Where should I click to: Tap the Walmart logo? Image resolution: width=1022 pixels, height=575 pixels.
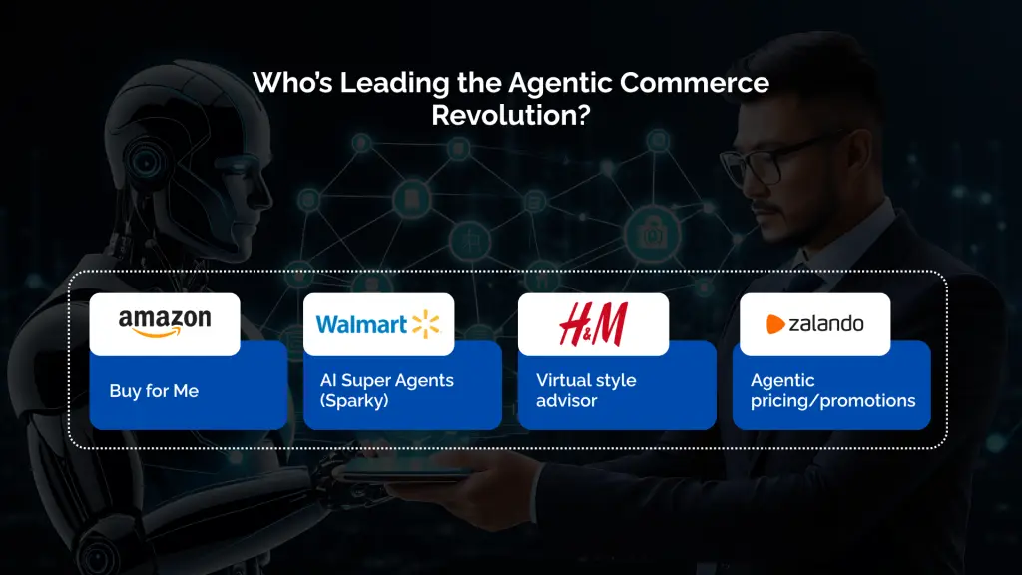click(378, 324)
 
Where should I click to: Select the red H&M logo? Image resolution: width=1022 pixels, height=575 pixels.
click(593, 324)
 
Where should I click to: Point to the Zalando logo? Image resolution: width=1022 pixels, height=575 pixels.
click(814, 324)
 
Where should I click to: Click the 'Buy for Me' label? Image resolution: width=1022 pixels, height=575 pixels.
click(154, 391)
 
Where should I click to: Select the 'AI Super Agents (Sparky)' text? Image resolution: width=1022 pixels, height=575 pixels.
click(386, 390)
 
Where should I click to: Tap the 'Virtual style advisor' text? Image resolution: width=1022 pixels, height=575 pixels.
click(586, 390)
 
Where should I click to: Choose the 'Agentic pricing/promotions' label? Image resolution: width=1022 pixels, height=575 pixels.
click(832, 390)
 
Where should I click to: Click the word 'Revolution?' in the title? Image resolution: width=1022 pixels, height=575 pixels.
click(510, 115)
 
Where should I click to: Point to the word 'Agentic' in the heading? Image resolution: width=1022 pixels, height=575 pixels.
click(555, 82)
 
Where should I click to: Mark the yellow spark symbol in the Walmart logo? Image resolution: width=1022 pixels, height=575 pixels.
click(426, 323)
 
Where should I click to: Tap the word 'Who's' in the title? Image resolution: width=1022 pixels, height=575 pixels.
click(292, 82)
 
